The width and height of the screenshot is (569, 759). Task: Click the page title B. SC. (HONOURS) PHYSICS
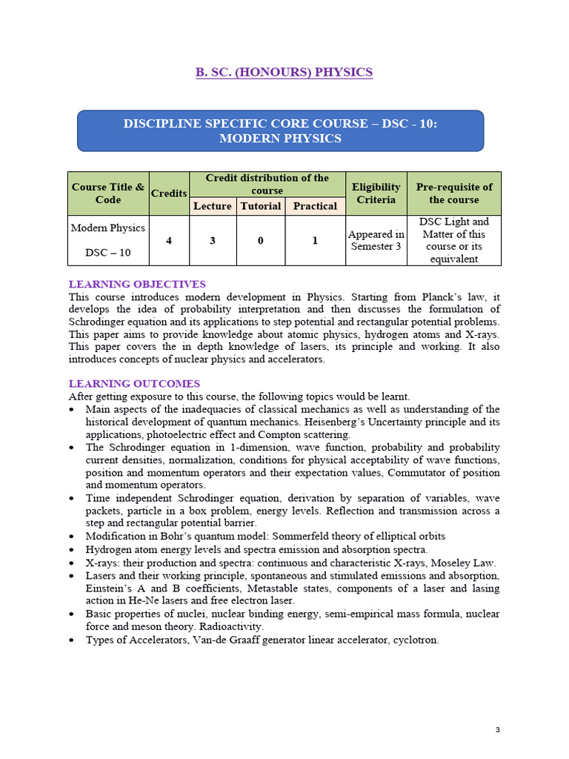click(284, 72)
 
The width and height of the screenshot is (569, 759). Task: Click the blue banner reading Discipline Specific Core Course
click(280, 131)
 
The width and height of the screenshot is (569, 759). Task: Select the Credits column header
click(169, 193)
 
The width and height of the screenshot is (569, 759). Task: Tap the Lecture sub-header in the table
click(213, 206)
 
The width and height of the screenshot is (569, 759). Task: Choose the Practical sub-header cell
click(315, 206)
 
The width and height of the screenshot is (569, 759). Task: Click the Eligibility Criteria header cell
click(376, 193)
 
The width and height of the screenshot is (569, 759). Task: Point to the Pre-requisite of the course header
click(453, 193)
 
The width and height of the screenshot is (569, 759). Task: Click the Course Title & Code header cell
click(108, 193)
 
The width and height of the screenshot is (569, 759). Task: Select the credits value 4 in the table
click(169, 240)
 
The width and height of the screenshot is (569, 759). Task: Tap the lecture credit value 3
click(213, 240)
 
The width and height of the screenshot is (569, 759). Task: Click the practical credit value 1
click(315, 240)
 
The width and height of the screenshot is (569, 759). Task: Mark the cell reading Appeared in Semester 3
click(376, 240)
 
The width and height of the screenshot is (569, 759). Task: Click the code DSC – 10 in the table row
click(108, 253)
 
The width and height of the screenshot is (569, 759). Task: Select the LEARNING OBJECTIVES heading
click(137, 284)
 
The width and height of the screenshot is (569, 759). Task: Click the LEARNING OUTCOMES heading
click(134, 384)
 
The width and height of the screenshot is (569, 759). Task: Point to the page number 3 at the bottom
click(498, 730)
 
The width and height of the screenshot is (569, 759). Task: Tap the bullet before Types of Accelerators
click(71, 640)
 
